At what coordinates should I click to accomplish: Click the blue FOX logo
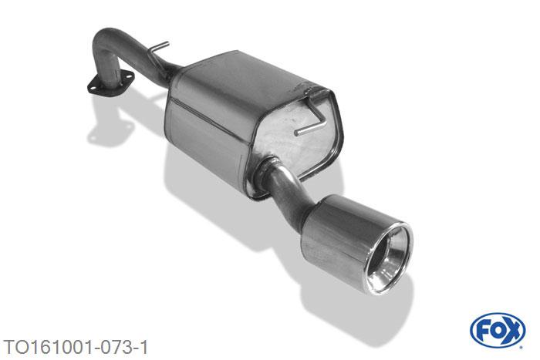[498, 331]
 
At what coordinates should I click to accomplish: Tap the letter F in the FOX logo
[483, 331]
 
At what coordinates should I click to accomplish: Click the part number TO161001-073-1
[76, 347]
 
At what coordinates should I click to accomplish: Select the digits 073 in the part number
[114, 347]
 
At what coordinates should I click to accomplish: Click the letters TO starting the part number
[13, 347]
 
